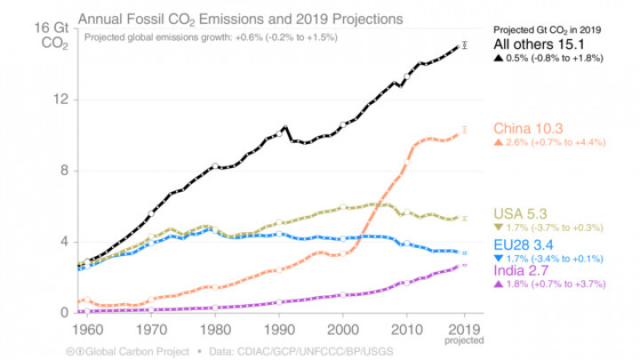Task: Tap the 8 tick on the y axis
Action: point(63,171)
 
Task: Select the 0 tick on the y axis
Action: point(63,313)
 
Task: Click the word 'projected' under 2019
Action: point(469,338)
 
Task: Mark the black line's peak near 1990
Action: point(284,127)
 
